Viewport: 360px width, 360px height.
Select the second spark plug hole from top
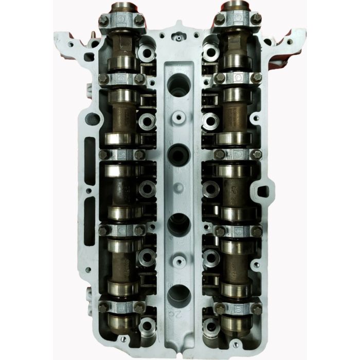(x=178, y=152)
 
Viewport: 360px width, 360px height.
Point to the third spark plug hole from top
(x=178, y=225)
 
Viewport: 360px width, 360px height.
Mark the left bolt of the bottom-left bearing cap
(x=101, y=307)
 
